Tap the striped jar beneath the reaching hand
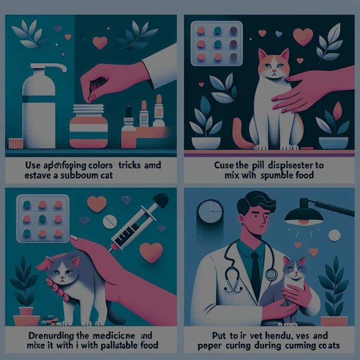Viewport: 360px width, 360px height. point(88,127)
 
